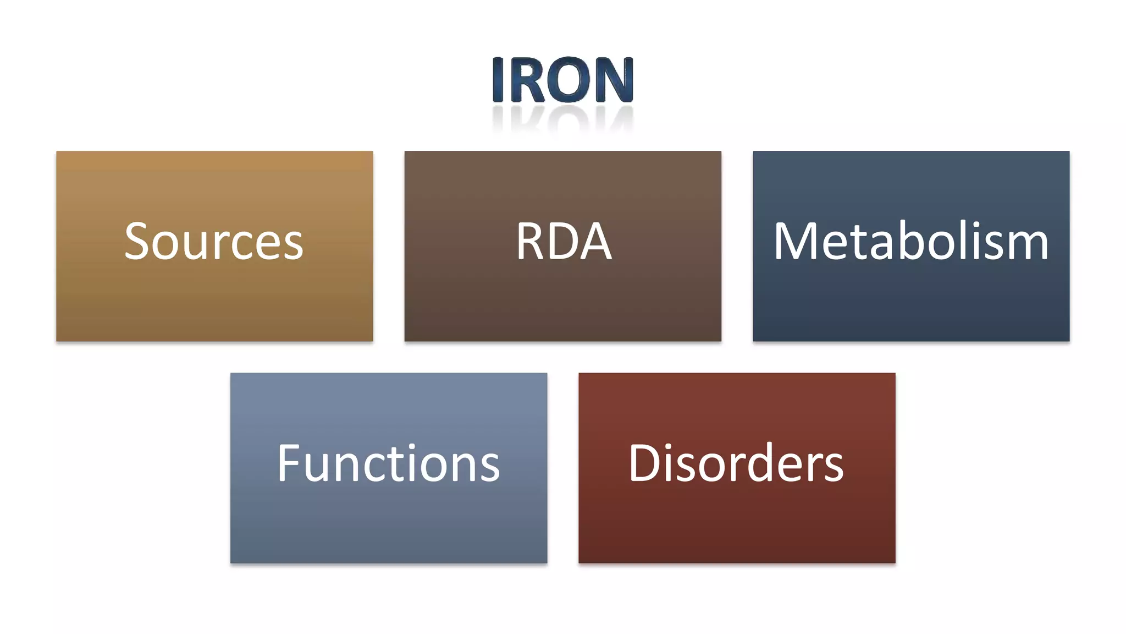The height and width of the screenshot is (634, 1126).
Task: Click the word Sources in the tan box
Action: tap(214, 242)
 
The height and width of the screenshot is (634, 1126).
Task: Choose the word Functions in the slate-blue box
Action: tap(388, 463)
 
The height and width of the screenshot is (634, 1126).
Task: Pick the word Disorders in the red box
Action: tap(736, 463)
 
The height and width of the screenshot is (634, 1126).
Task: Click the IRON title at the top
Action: tap(563, 80)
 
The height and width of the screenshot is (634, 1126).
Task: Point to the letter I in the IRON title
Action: tap(498, 80)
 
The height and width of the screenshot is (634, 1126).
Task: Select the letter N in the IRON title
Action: tap(615, 80)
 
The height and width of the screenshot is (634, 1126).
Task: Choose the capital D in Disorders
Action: tap(644, 463)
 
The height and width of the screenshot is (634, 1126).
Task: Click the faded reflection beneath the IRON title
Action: tap(563, 118)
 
